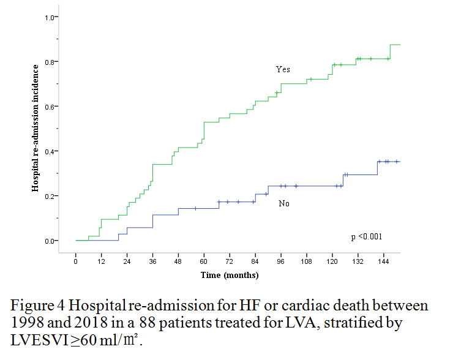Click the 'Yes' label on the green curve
283,70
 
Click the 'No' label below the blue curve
283,203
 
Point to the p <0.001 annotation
366,236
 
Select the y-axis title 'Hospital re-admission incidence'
37,128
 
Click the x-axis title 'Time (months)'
230,275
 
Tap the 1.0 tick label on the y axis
48,17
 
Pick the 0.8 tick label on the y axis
48,62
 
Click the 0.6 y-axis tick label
48,107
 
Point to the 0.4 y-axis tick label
48,151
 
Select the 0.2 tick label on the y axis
48,196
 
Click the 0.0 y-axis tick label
48,241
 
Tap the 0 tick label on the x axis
75,261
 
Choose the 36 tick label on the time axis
152,261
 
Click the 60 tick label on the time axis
204,261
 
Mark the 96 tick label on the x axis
281,261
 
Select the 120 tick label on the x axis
332,261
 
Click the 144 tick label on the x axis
384,261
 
